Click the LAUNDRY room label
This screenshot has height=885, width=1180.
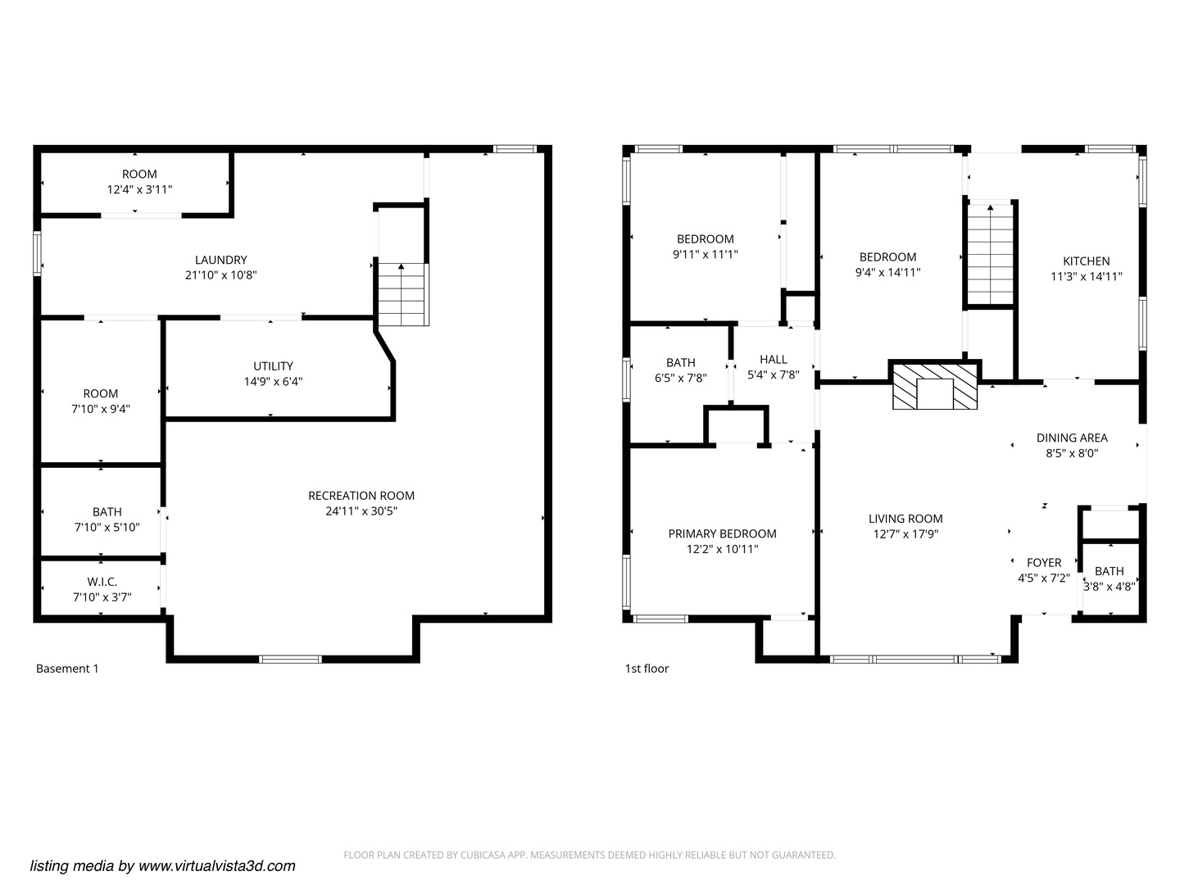coord(221,260)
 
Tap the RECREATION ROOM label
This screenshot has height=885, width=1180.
coord(361,496)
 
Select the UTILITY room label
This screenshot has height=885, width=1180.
coord(273,366)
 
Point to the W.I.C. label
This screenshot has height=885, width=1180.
coord(102,582)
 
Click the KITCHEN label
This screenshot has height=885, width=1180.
coord(1087,261)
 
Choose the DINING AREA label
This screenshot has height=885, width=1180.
coord(1072,438)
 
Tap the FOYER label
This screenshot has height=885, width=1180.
coord(1044,563)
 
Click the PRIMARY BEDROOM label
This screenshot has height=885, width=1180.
coord(722,534)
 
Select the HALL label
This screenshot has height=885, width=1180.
coord(773,360)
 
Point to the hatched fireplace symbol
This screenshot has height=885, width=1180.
coord(935,386)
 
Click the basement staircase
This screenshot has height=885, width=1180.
coord(403,294)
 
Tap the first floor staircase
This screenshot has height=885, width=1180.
coord(990,256)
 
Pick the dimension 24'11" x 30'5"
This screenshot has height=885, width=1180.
coord(361,511)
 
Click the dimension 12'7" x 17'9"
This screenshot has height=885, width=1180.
coord(905,534)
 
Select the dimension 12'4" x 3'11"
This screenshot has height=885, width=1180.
coord(140,189)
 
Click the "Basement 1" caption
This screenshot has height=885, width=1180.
coord(67,669)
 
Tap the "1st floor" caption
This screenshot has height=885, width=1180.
coord(647,669)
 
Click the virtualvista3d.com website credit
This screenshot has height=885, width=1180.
coord(162,866)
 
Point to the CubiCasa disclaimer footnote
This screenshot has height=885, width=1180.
coord(590,855)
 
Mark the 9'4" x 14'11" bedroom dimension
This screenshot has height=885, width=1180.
coord(887,273)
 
